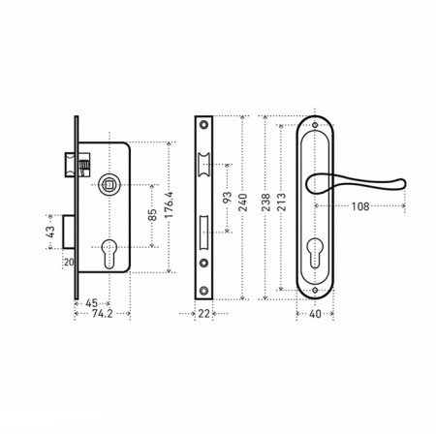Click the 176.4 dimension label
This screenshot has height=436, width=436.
[x=170, y=204]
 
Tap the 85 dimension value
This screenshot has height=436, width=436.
[x=152, y=215]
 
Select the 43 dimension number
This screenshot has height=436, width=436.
[x=50, y=232]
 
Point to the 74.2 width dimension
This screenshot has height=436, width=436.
[x=102, y=314]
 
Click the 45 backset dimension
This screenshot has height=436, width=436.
[x=91, y=303]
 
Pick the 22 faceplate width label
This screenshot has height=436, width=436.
[x=203, y=314]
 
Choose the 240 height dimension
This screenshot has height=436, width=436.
[x=243, y=202]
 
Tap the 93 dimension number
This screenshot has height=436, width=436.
[x=227, y=198]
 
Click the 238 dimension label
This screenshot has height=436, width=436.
[x=265, y=202]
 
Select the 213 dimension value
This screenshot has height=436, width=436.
[x=282, y=202]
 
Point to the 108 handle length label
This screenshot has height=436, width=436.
[x=360, y=206]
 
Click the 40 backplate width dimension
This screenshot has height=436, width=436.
[x=315, y=314]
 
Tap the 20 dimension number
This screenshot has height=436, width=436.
[x=69, y=263]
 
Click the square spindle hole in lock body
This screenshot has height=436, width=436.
[x=109, y=185]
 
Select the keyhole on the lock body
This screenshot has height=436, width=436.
[x=109, y=254]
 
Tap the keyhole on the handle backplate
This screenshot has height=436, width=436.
[x=315, y=253]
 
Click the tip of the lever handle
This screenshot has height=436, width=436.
[x=404, y=183]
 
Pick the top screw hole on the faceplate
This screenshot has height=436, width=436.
[x=203, y=124]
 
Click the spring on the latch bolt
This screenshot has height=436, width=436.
[x=83, y=169]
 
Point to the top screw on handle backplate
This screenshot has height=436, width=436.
[x=315, y=125]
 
